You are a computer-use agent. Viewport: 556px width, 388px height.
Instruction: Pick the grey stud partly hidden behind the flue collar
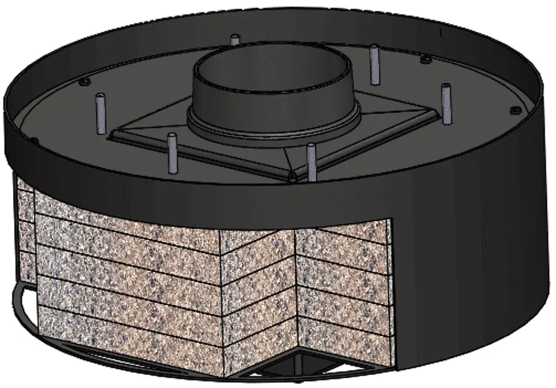click(234, 41)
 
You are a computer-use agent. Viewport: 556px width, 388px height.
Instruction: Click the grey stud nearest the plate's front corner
click(311, 161)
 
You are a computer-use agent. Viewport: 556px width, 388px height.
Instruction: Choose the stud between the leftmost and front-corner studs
click(172, 153)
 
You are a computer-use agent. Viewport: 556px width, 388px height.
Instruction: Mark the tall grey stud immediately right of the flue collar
click(375, 64)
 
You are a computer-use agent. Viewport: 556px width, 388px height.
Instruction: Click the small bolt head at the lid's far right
click(515, 111)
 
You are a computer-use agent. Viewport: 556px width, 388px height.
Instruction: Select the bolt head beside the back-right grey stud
click(425, 60)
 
